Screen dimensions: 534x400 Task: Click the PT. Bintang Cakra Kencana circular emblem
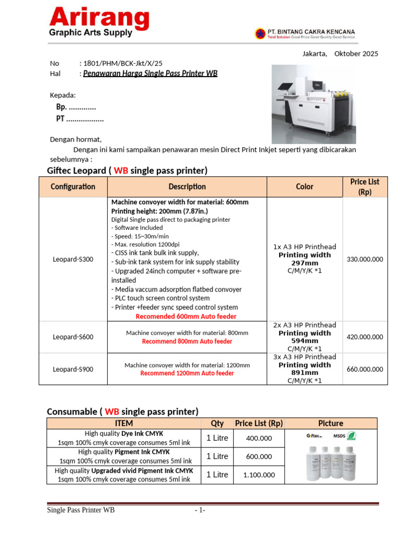tap(259, 34)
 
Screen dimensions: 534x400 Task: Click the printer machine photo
tap(314, 104)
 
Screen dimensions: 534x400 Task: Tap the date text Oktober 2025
tap(356, 54)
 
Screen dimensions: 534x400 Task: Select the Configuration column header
tap(73, 187)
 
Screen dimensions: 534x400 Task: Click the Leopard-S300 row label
tap(73, 259)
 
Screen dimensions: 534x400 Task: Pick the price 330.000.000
tap(365, 259)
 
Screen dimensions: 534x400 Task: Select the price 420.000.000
tap(365, 337)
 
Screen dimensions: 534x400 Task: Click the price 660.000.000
tap(365, 369)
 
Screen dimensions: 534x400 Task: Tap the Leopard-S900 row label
tap(73, 369)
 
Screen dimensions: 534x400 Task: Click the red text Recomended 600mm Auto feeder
tap(186, 317)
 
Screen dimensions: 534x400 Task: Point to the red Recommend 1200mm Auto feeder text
tap(187, 373)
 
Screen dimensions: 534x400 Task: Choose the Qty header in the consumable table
tap(217, 423)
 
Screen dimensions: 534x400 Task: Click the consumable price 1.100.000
tap(259, 475)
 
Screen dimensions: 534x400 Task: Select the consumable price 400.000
tap(259, 439)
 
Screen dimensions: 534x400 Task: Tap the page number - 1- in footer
tap(200, 510)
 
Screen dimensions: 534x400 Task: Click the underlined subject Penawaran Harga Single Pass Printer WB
tap(150, 74)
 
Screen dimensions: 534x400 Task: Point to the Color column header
tap(305, 187)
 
